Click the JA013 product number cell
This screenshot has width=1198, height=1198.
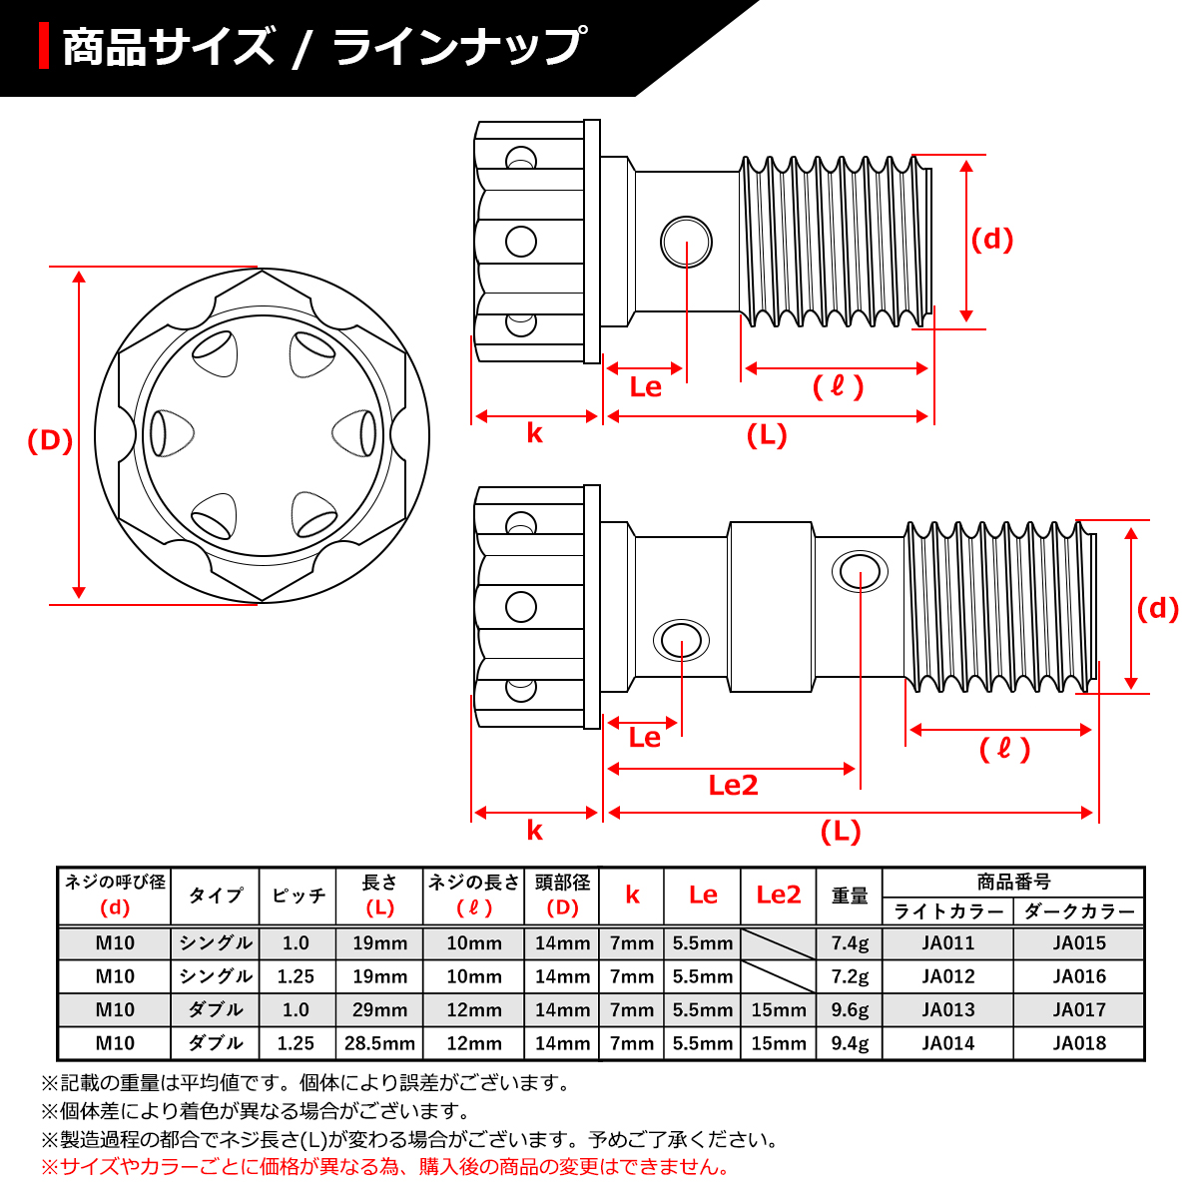coord(947,1009)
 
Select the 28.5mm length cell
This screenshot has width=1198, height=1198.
coord(379,1043)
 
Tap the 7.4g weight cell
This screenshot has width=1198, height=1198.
coord(850,942)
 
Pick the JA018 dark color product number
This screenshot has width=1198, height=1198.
coord(1079,1043)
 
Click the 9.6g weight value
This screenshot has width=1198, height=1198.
coord(850,1009)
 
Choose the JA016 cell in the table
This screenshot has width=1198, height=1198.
coord(1079,976)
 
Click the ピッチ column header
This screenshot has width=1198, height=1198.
coord(298,896)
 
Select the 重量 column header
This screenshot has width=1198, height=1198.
coord(850,896)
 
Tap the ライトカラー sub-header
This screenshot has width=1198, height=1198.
coord(947,911)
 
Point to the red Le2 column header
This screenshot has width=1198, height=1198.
coord(779,895)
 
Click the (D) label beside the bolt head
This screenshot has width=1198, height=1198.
coord(50,440)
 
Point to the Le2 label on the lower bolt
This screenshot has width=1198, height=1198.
coord(733,786)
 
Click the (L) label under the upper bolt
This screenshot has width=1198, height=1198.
coord(767,435)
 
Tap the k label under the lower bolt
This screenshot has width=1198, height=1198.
coord(535,831)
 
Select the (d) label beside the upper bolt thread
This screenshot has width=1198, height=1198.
coord(992,239)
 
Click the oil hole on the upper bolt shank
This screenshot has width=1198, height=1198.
coord(686,242)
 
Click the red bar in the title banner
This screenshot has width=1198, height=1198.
coord(44,47)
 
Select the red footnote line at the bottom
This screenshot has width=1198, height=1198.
coord(385,1166)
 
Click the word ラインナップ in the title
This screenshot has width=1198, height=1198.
coord(458,48)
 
